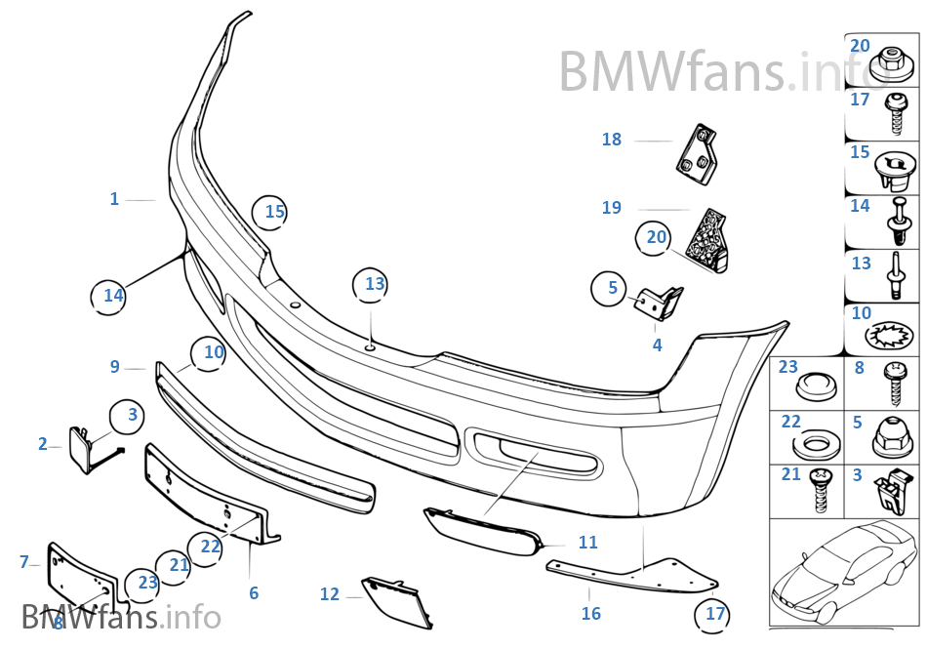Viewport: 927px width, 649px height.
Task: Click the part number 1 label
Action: coord(114,199)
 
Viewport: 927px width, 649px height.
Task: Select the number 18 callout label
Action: coord(611,140)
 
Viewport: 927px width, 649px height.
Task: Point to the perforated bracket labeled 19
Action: coord(710,240)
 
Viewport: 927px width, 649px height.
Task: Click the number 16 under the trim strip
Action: coord(590,613)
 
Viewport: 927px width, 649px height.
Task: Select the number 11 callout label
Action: coord(587,543)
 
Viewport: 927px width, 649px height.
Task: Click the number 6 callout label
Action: coord(254,592)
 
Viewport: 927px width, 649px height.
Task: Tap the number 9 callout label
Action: coord(115,367)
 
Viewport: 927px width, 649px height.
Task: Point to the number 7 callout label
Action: coord(24,562)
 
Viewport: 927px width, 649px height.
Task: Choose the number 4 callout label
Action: coord(657,345)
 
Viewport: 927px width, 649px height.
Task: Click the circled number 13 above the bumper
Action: coord(375,285)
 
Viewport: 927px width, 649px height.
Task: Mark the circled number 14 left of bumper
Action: coord(113,295)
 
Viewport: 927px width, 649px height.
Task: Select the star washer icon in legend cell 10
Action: coord(889,336)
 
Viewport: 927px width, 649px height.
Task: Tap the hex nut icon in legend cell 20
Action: coord(889,62)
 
